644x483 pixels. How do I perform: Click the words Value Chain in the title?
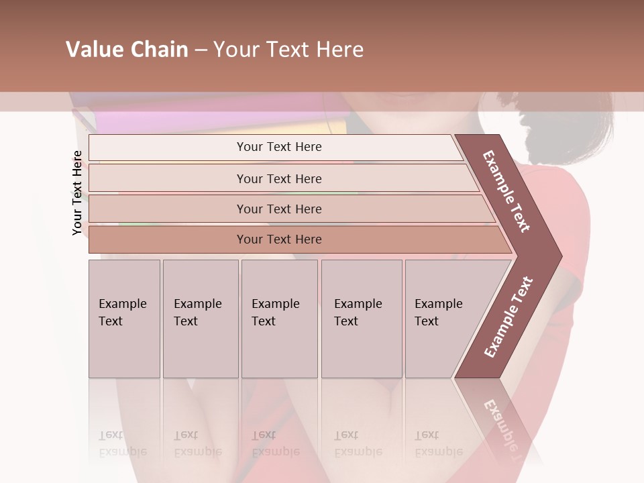click(x=127, y=50)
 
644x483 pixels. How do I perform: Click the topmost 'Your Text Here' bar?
click(x=278, y=147)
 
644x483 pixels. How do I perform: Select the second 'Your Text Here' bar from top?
click(x=278, y=178)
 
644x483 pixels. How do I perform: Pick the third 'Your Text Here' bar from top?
click(x=278, y=209)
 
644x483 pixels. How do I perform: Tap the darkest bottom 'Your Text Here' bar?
click(x=278, y=239)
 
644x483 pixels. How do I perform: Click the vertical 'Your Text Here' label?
click(x=77, y=193)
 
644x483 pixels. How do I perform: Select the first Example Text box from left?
click(x=124, y=319)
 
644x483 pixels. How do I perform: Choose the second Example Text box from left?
click(x=200, y=319)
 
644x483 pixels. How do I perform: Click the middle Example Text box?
click(x=279, y=319)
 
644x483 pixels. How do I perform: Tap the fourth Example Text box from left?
click(x=361, y=319)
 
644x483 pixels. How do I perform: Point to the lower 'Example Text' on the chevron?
click(x=508, y=317)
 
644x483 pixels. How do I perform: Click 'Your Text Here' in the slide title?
click(x=288, y=50)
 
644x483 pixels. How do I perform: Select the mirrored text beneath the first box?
click(x=122, y=443)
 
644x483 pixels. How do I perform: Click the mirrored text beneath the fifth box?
click(x=438, y=443)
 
